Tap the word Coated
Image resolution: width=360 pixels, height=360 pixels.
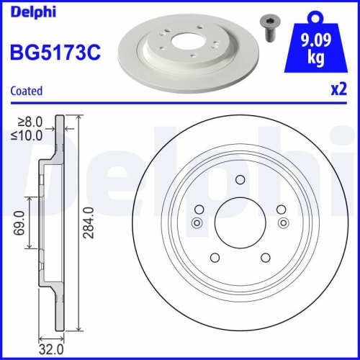pos(25,91)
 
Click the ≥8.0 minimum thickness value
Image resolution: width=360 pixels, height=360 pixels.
pos(31,123)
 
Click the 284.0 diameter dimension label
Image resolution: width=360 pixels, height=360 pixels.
pos(90,224)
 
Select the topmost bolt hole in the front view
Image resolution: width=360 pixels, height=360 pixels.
pos(241,180)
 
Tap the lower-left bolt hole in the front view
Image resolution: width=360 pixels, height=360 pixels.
pos(214,258)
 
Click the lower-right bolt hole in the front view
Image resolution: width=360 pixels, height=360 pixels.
pos(266,258)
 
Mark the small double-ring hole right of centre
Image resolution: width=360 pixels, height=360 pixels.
pos(283,222)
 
